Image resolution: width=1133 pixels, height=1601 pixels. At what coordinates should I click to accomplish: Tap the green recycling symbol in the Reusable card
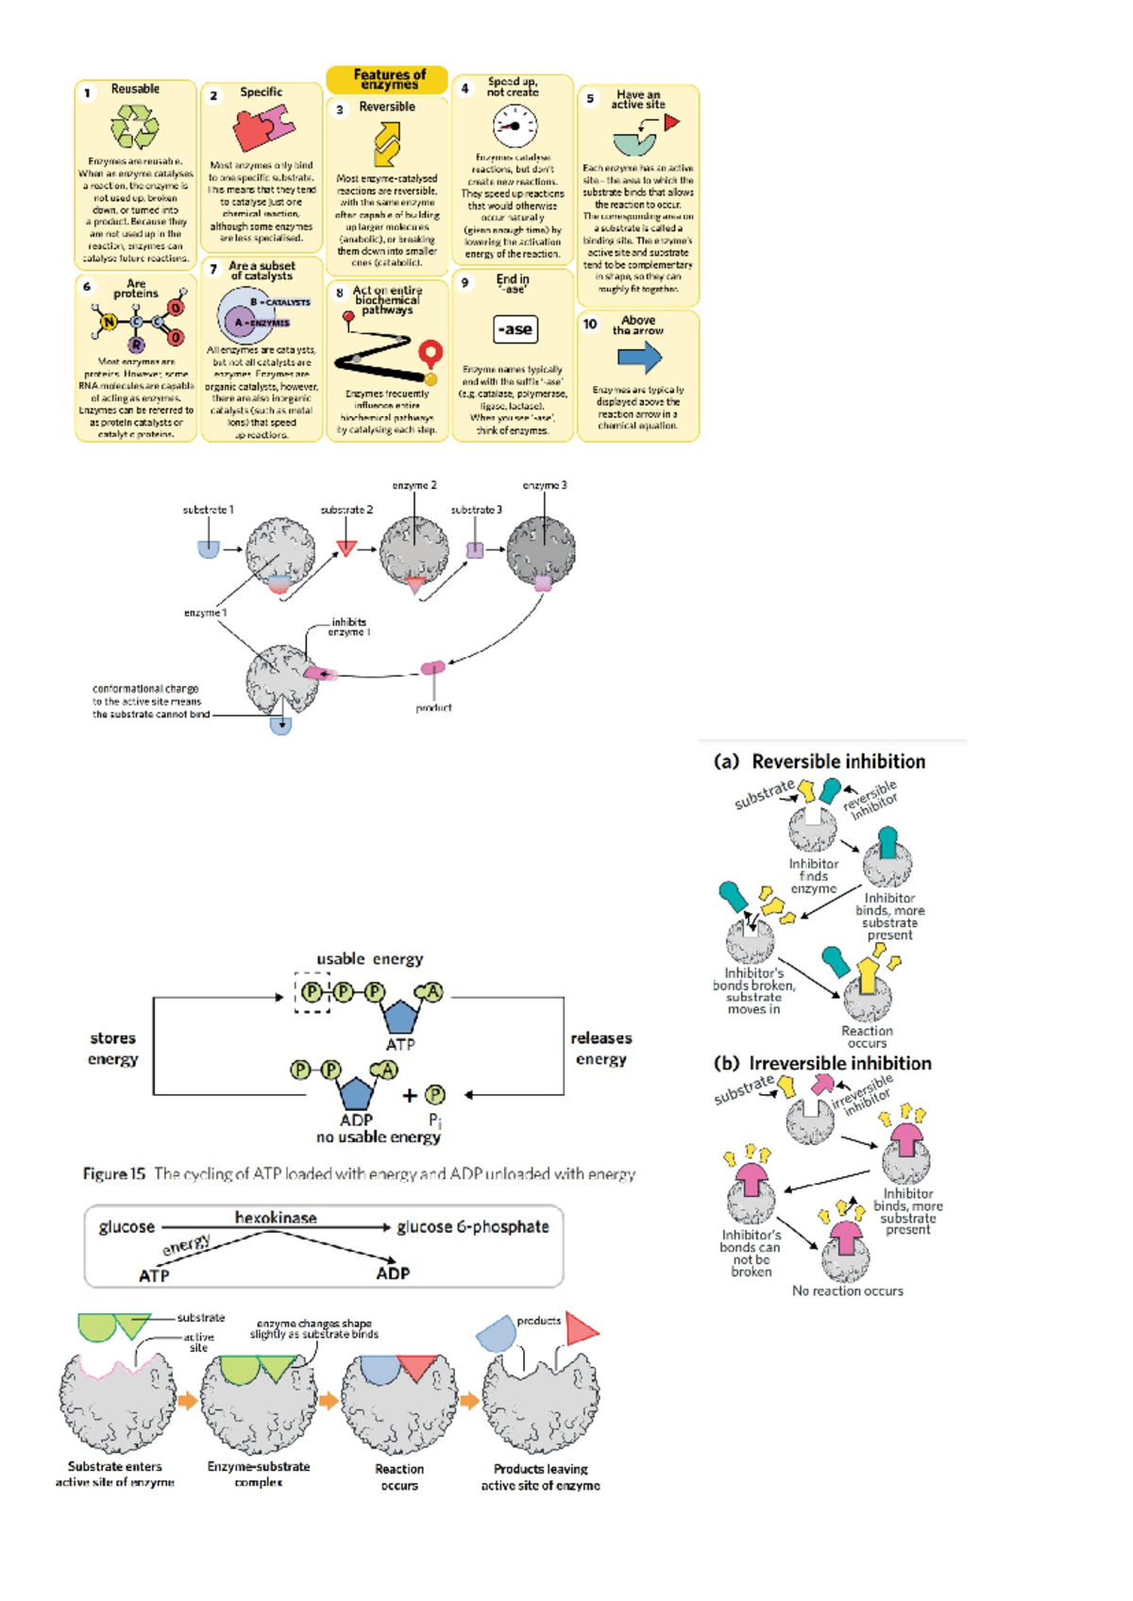pyautogui.click(x=135, y=126)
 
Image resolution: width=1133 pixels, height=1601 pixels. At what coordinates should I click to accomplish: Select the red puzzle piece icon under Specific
pyautogui.click(x=261, y=128)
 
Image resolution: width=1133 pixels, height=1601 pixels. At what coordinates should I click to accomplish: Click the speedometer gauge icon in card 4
pyautogui.click(x=515, y=126)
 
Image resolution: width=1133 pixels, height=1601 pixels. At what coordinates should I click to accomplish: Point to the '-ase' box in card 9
pyautogui.click(x=516, y=329)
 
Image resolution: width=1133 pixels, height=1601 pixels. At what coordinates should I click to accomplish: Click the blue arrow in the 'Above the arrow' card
pyautogui.click(x=639, y=358)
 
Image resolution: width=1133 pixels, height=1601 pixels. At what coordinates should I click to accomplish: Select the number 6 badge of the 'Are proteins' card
pyautogui.click(x=87, y=286)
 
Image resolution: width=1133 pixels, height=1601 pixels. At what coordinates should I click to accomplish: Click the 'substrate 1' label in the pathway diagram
pyautogui.click(x=208, y=510)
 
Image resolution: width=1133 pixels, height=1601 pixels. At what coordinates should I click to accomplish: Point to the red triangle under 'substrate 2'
pyautogui.click(x=347, y=548)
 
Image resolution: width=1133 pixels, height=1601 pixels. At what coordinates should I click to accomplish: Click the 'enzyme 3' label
pyautogui.click(x=545, y=485)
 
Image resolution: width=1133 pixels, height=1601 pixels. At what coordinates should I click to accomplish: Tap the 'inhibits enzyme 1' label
pyautogui.click(x=348, y=627)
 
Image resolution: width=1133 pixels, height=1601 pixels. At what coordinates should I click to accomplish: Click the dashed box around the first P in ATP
pyautogui.click(x=313, y=992)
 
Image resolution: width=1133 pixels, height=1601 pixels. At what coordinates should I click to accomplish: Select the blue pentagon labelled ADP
pyautogui.click(x=356, y=1093)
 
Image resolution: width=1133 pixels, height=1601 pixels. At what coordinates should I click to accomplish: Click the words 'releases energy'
pyautogui.click(x=600, y=1048)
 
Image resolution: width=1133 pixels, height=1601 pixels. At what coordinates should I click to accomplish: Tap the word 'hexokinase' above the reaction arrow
pyautogui.click(x=276, y=1218)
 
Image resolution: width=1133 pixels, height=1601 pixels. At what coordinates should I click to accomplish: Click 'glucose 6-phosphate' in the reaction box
pyautogui.click(x=472, y=1226)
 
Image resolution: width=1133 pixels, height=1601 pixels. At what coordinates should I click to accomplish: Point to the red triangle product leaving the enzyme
pyautogui.click(x=582, y=1328)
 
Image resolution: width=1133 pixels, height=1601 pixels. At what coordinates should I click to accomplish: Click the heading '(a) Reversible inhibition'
pyautogui.click(x=820, y=761)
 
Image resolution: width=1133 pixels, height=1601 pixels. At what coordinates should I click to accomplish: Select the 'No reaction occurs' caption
pyautogui.click(x=847, y=1290)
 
